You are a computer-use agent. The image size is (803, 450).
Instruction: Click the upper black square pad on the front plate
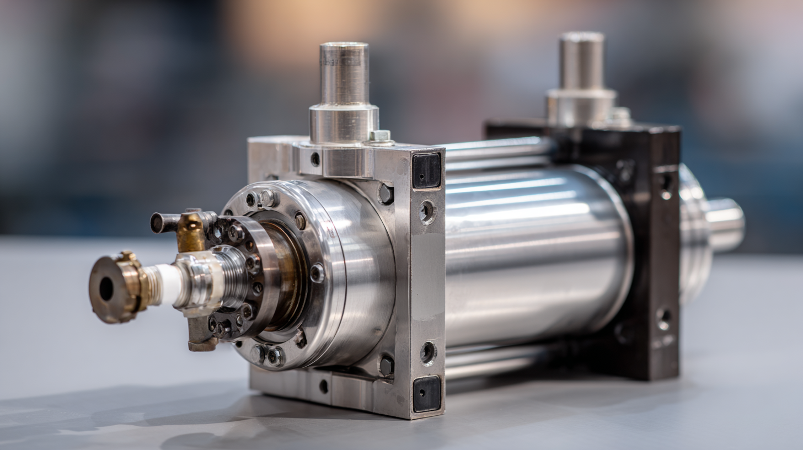coord(427,170)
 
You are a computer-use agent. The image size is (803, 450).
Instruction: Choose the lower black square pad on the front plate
coord(427,394)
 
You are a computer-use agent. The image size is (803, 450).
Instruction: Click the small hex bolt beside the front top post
coord(380,136)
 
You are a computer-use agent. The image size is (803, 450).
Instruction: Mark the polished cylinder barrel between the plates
coord(535,254)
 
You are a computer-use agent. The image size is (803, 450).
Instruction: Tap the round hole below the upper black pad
coord(426,211)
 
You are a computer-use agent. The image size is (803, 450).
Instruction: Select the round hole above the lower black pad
coord(427,353)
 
